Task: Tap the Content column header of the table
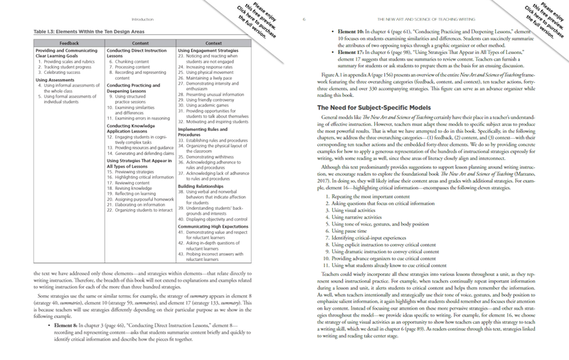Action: coord(136,43)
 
